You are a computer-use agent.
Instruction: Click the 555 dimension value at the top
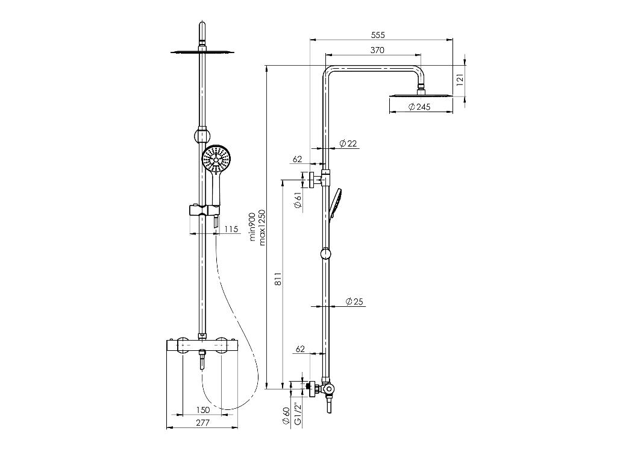[378, 35]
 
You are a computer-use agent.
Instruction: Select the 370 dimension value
[377, 50]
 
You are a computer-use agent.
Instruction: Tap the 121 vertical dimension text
[459, 79]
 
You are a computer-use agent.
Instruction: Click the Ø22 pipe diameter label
[348, 143]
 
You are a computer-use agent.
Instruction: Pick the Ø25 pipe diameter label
[355, 301]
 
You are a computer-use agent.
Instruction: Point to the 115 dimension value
[231, 229]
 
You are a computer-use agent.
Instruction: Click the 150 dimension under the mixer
[203, 410]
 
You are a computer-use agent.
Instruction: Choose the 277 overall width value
[203, 423]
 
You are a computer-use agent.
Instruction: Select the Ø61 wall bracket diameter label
[298, 200]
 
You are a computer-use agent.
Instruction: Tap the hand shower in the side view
[336, 203]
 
